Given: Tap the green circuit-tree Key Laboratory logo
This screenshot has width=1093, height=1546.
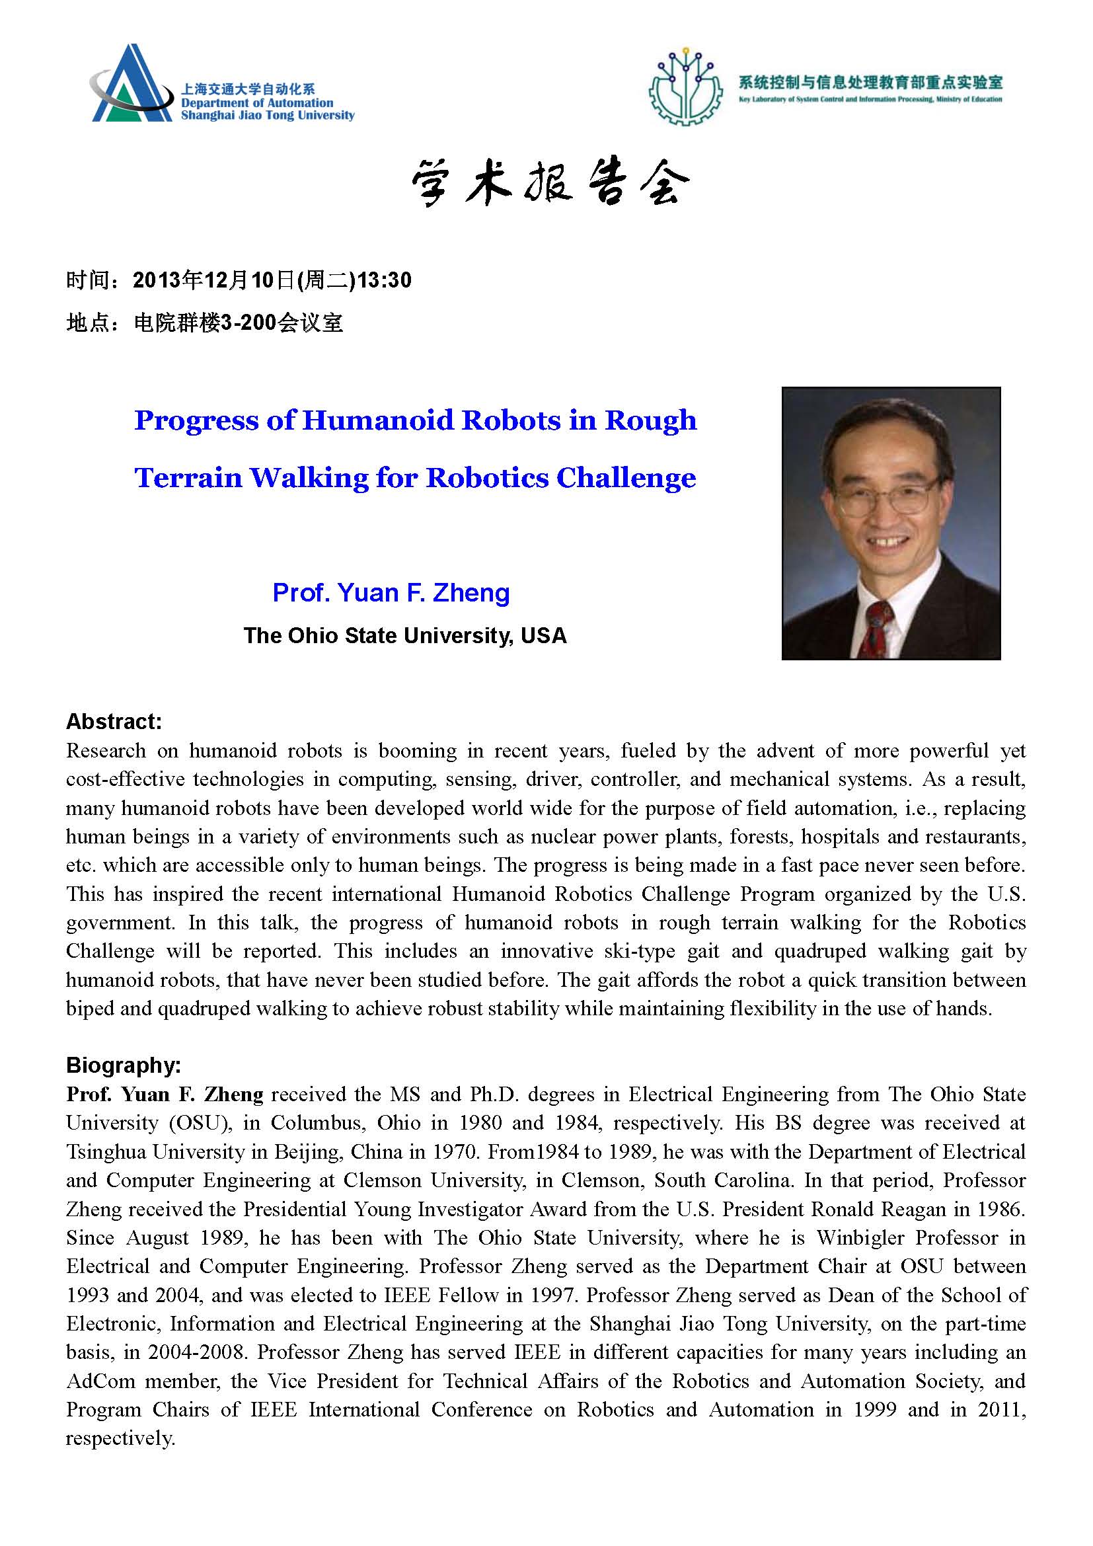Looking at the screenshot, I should coord(684,87).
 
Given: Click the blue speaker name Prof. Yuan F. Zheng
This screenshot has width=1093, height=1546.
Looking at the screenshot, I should coord(391,592).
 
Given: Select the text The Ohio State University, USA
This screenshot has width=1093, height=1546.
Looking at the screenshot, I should coord(405,635).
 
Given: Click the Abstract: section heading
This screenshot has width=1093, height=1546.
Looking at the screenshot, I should coord(114,722).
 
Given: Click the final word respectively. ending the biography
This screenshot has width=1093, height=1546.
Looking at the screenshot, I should coord(120,1438).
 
